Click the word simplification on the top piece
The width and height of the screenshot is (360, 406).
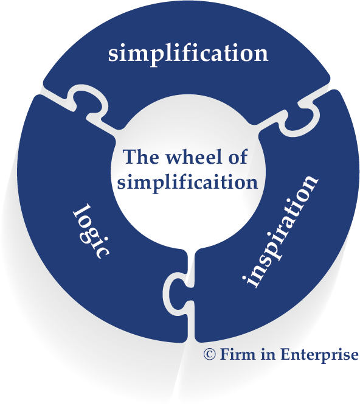pos(188,54)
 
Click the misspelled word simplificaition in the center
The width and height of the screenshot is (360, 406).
pos(188,183)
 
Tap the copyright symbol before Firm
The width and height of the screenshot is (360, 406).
pos(209,354)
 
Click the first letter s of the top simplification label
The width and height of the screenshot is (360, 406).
pos(112,55)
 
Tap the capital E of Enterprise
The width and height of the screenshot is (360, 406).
pos(286,354)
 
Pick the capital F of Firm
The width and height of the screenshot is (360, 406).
pos(224,354)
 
